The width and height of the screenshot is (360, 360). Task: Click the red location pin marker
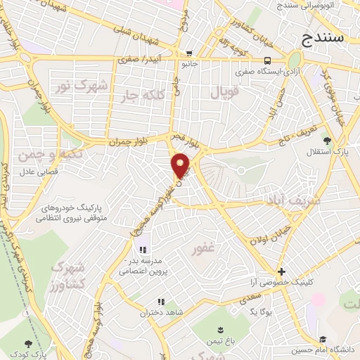pyautogui.click(x=181, y=165)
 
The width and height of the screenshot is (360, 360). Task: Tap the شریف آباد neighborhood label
pyautogui.click(x=292, y=200)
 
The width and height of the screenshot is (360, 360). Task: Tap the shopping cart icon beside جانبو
pyautogui.click(x=189, y=53)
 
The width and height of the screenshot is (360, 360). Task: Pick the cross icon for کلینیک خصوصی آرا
pyautogui.click(x=281, y=271)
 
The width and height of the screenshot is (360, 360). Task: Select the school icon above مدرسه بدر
pyautogui.click(x=143, y=250)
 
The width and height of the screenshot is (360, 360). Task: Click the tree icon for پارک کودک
pyautogui.click(x=28, y=344)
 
